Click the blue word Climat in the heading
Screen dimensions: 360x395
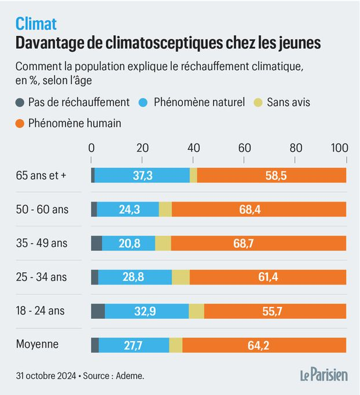point(36,24)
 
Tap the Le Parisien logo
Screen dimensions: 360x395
point(324,375)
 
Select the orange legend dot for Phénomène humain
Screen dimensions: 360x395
point(20,123)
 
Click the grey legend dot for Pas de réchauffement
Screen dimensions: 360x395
point(20,103)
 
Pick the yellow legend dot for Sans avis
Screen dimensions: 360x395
point(258,103)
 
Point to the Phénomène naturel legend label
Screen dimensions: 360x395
point(199,103)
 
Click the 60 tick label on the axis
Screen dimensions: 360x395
point(244,148)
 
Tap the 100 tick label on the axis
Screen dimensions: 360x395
point(339,148)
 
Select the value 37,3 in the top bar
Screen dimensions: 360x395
point(143,175)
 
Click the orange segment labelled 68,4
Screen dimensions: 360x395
point(259,209)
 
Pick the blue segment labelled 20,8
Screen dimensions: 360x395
point(128,243)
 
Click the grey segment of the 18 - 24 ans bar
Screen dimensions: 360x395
point(98,311)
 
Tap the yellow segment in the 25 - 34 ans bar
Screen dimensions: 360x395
point(181,277)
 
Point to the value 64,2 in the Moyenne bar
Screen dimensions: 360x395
point(258,345)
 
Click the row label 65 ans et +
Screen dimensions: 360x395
point(41,175)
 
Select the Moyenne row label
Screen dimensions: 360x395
point(37,344)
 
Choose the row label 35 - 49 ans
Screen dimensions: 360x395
point(42,243)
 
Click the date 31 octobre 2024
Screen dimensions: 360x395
point(46,376)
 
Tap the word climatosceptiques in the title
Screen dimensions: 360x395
point(164,43)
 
